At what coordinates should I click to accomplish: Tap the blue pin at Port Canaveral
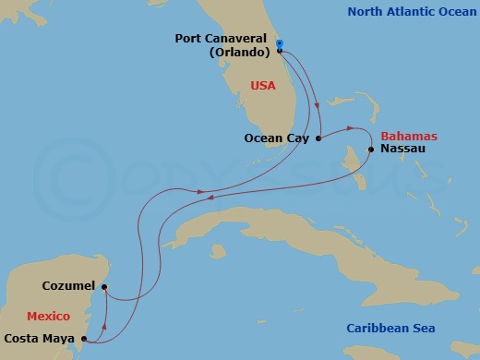coord(279,42)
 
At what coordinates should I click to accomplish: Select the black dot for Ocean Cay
coord(318,138)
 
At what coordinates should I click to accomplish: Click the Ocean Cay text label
coord(277,138)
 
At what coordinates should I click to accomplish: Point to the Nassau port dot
coord(370,149)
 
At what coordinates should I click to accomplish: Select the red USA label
coord(264,86)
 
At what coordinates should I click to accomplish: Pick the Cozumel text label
coord(68,287)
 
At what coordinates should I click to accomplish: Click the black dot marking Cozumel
coord(104,287)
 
